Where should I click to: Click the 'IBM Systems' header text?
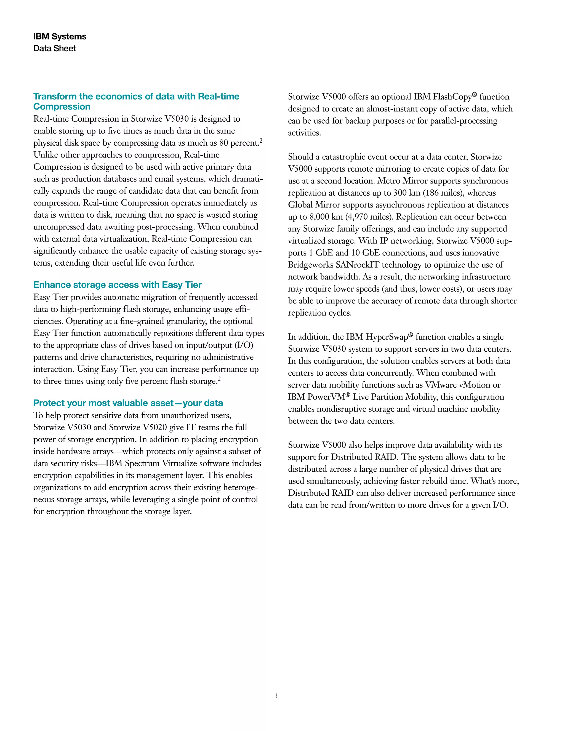(60, 36)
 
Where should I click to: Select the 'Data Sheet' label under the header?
(55, 49)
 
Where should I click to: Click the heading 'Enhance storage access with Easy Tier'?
(117, 285)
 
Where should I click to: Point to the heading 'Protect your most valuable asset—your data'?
(128, 403)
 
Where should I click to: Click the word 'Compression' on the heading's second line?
(62, 107)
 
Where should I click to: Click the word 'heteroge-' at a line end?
(240, 488)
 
